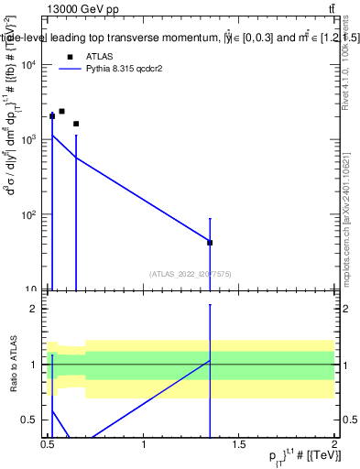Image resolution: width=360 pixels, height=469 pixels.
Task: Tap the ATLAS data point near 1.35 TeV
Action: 211,243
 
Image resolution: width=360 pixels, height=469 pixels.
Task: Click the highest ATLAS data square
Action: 61,111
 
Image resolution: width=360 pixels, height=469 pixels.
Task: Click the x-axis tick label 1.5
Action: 239,445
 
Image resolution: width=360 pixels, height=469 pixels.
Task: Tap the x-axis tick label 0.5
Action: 48,445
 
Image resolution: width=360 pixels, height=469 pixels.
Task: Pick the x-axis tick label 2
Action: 334,445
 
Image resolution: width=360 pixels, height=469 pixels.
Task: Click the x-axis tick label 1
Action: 144,445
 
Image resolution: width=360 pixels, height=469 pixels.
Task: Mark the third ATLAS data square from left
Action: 76,124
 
